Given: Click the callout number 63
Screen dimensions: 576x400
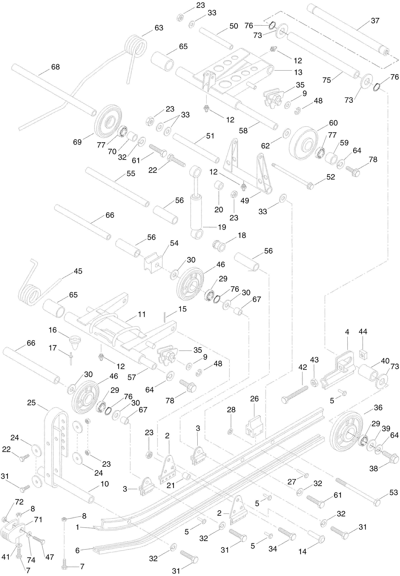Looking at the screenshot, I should coord(159,28).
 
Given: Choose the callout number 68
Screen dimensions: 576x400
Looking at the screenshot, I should coord(55,67).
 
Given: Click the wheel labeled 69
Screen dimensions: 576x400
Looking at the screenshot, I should coord(108,121).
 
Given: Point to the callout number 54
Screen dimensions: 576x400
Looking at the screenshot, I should coord(174,243).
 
